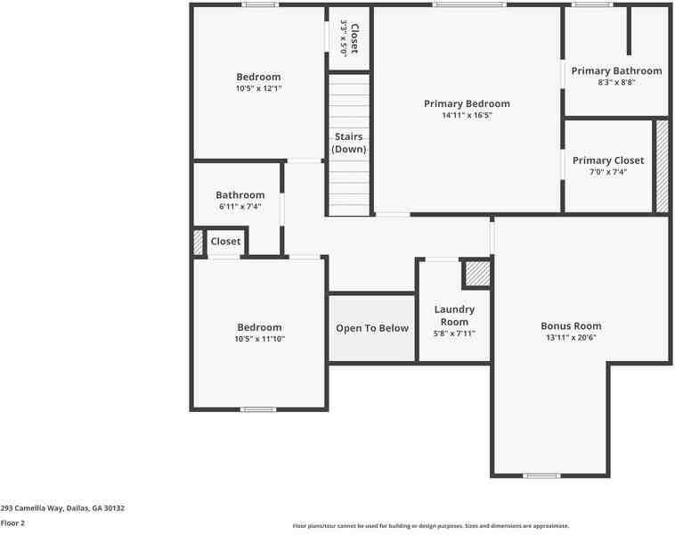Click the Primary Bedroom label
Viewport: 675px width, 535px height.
click(467, 103)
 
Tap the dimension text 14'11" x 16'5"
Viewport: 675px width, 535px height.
click(467, 115)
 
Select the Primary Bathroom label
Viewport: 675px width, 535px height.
click(616, 70)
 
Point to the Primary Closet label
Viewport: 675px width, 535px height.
click(608, 160)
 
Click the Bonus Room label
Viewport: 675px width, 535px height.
click(571, 326)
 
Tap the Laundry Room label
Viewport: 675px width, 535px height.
click(454, 316)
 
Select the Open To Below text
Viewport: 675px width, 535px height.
click(372, 328)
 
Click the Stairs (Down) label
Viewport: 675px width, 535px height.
click(349, 143)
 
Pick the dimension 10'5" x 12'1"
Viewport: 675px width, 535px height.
click(258, 88)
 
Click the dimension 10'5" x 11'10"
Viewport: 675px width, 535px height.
click(258, 339)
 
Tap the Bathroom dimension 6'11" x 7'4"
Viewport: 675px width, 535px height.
click(240, 206)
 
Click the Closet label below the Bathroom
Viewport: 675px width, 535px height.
click(225, 242)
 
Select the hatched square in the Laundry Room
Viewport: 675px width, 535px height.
click(478, 274)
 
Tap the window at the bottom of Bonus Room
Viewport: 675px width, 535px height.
click(541, 475)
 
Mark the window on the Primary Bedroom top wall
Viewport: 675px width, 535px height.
click(468, 4)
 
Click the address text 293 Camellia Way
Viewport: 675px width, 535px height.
click(62, 508)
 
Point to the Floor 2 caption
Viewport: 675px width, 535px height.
click(12, 523)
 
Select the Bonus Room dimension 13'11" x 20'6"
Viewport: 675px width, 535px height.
click(571, 338)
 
